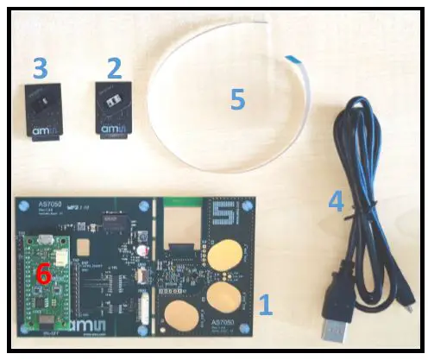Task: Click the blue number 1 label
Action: (267, 303)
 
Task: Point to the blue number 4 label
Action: (336, 202)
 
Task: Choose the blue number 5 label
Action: (237, 99)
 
